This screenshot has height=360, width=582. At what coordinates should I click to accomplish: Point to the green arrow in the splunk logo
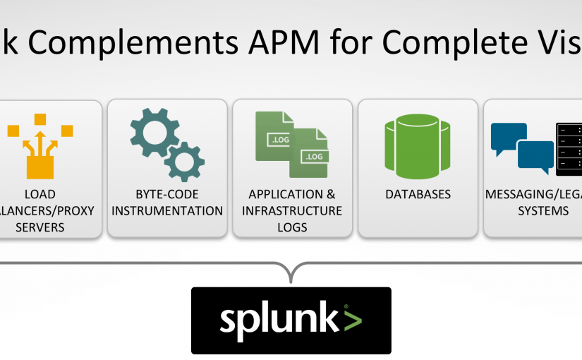click(353, 318)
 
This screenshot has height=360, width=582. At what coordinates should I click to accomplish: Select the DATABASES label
click(418, 194)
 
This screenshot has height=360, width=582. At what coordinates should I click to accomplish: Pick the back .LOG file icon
click(275, 135)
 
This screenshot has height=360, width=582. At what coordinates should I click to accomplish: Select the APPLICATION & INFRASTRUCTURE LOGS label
click(292, 210)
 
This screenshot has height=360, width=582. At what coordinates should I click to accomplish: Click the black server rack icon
click(569, 148)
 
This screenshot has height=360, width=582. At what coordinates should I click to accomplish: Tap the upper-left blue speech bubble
click(508, 137)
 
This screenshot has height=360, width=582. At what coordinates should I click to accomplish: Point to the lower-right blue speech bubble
click(535, 155)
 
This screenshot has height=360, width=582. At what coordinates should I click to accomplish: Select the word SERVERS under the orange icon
click(40, 227)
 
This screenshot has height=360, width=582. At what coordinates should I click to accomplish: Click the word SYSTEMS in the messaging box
click(533, 211)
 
